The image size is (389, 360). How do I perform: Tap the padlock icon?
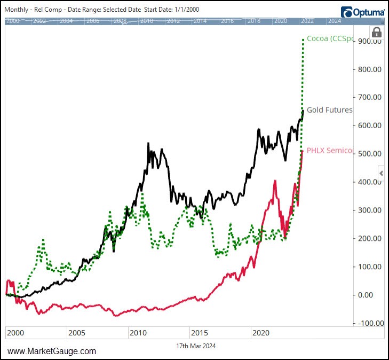pos(377,32)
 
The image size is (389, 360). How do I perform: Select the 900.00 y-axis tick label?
pos(370,41)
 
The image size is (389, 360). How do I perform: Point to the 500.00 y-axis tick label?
pos(370,154)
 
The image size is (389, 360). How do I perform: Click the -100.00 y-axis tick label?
pos(369,323)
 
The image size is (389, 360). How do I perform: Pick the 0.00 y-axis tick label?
pos(372,295)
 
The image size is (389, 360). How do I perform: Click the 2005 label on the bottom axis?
pos(77,333)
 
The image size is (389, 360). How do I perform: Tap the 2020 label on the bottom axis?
pos(261,333)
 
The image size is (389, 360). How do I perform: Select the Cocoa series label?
pos(329,38)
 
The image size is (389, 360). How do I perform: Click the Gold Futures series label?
pos(329,110)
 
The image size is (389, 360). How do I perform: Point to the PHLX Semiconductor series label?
pos(330,151)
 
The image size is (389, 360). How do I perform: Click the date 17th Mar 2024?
pos(196,346)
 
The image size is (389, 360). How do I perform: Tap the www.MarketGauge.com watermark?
pos(52,351)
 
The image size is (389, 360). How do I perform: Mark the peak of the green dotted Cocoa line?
pos(303,39)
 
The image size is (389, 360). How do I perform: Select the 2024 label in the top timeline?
pos(334,21)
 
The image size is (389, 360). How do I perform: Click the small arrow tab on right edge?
pos(381,173)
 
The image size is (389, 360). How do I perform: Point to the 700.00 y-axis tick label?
pos(370,97)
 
